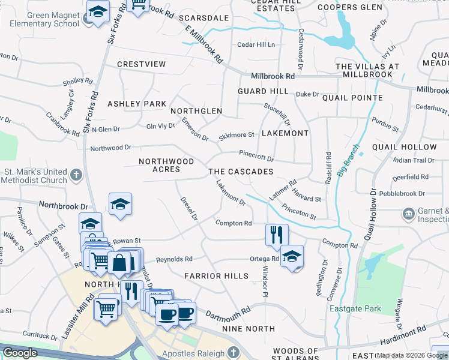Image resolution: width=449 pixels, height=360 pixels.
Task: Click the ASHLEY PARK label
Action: coord(137,104)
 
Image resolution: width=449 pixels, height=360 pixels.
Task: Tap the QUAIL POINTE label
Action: coord(352,98)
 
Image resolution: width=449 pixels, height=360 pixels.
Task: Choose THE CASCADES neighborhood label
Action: coord(241,172)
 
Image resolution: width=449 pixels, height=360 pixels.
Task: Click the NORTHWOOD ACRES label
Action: coord(166,166)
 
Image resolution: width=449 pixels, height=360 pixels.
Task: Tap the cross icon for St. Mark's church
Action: coord(76,175)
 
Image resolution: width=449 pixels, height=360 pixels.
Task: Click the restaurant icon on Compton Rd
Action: coord(276,233)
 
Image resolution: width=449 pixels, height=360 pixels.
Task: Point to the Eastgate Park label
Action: coord(355,309)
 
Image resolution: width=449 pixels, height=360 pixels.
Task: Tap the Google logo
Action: coord(20,353)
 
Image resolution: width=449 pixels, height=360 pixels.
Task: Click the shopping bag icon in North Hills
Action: coord(120,262)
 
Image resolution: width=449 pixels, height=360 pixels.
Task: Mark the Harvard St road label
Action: coord(307,194)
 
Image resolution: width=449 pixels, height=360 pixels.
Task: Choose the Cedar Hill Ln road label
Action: coord(256,45)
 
